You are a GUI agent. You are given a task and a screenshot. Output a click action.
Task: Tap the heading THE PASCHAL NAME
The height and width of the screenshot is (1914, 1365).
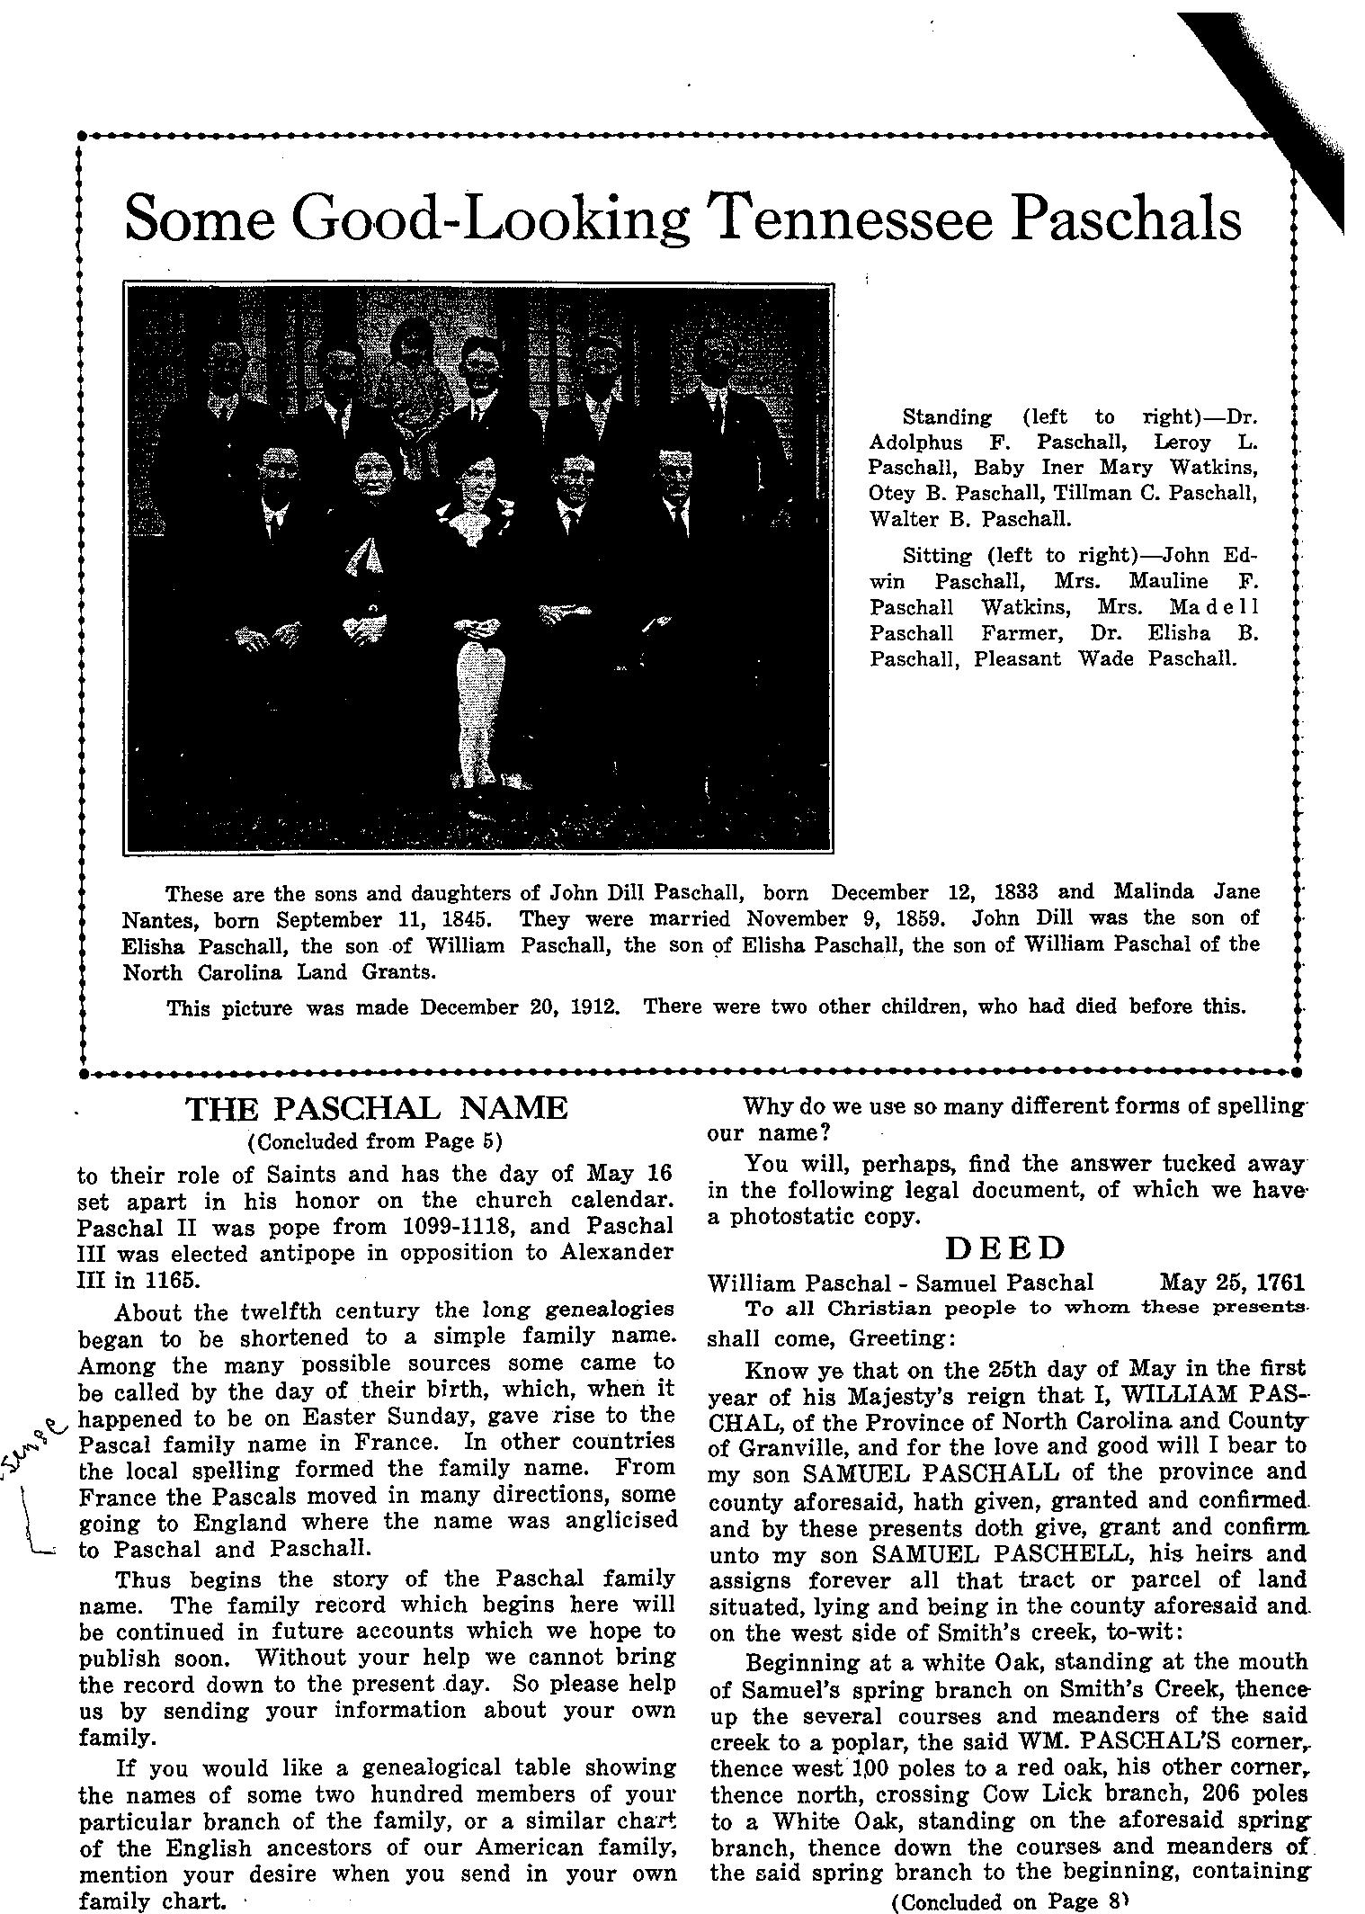click(x=377, y=1107)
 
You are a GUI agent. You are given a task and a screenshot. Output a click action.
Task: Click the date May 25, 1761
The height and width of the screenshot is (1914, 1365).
click(x=1232, y=1282)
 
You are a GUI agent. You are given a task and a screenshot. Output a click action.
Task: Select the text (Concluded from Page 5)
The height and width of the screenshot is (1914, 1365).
click(x=374, y=1141)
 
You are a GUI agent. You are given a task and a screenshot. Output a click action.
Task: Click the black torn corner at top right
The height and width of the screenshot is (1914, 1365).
click(x=1295, y=108)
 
